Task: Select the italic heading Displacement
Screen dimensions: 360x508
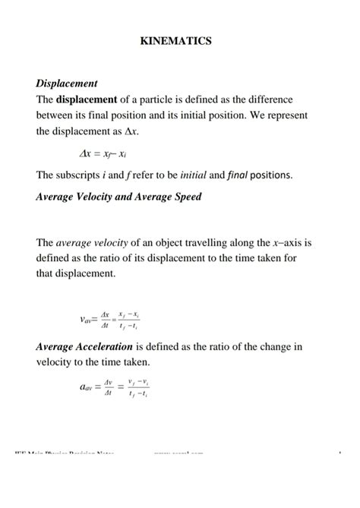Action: tap(67, 83)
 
